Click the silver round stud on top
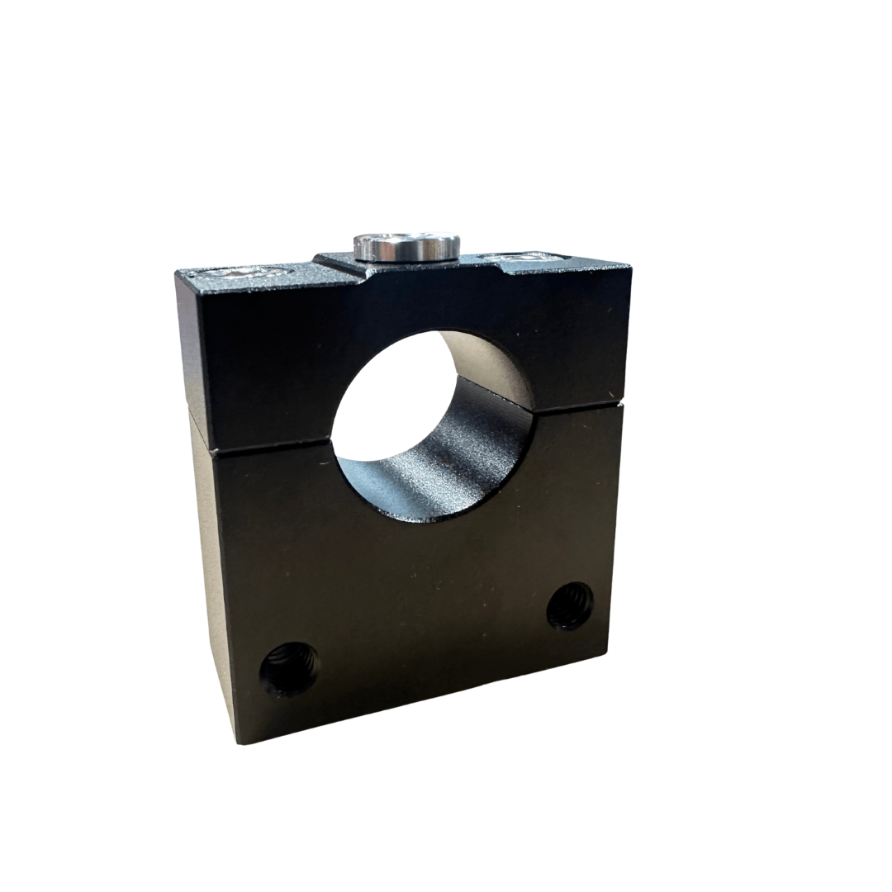coord(406,245)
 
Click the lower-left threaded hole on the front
coord(289,668)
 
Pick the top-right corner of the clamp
coord(630,264)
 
